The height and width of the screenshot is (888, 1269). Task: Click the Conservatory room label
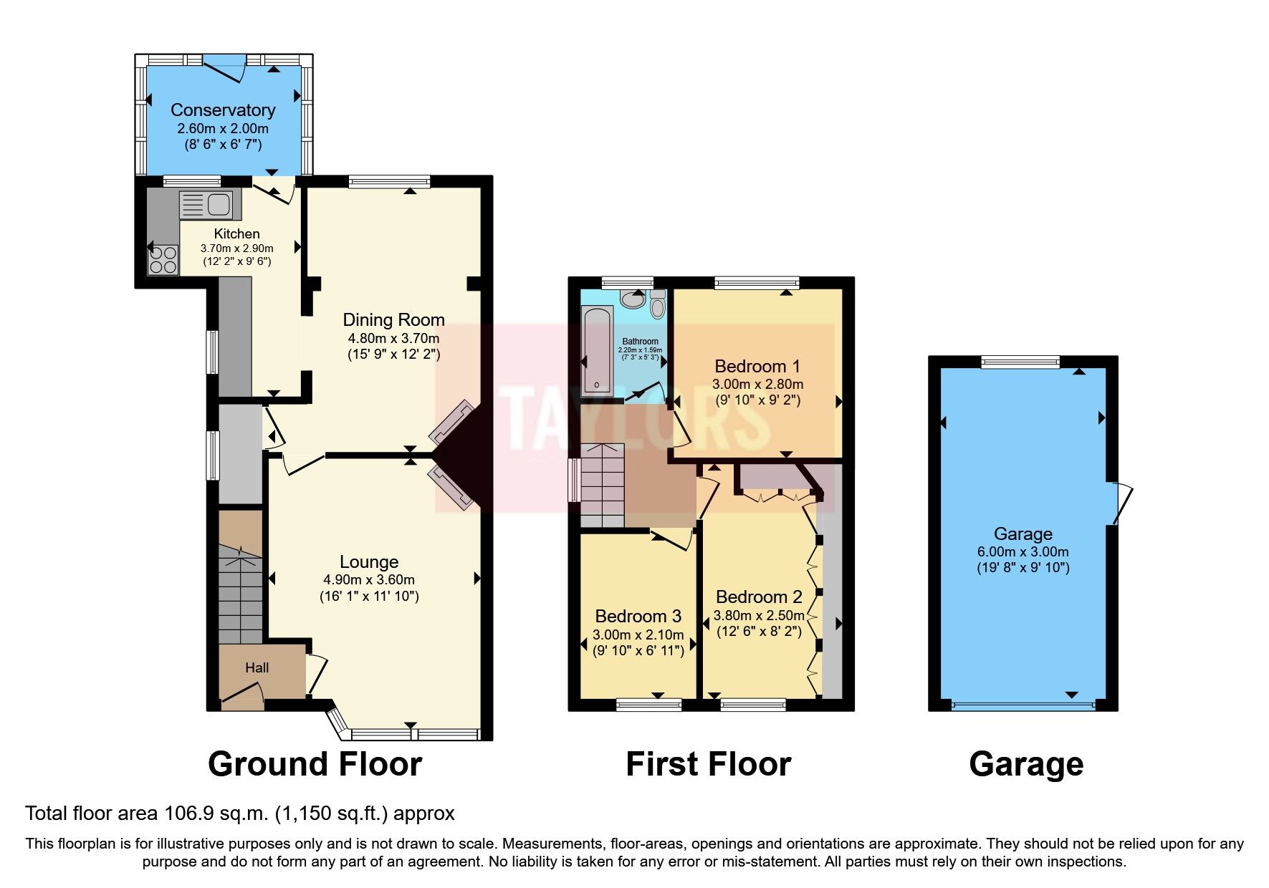(x=223, y=110)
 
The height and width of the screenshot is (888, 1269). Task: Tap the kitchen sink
(x=211, y=205)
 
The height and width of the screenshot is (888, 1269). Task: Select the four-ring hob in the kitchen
(x=163, y=259)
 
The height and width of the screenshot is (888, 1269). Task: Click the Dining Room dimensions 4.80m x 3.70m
(x=393, y=338)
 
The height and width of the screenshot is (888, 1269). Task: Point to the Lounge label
(x=369, y=562)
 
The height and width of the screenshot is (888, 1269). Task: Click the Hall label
(x=257, y=667)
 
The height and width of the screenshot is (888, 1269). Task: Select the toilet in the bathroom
(x=657, y=306)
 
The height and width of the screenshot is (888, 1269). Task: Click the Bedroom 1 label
(x=757, y=367)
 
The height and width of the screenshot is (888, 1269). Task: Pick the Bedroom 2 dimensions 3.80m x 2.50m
(x=759, y=615)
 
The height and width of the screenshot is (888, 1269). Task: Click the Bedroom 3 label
(x=638, y=617)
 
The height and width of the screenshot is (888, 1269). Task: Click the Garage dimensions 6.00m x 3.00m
(x=1023, y=552)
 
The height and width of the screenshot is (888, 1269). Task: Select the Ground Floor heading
(x=315, y=764)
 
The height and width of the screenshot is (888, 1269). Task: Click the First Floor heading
(x=708, y=764)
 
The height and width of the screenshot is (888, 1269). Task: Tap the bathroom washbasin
(x=633, y=299)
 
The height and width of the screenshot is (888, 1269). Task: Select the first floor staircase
(x=602, y=486)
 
